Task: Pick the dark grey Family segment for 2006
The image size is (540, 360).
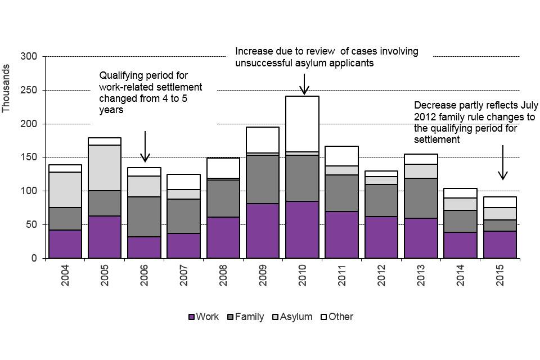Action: click(144, 217)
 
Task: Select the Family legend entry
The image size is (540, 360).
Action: click(245, 317)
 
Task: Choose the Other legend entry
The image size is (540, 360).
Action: click(336, 317)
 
